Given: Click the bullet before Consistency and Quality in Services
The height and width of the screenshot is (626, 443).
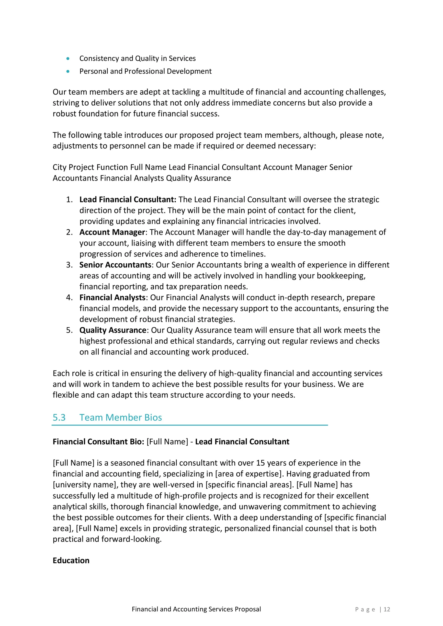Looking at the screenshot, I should pos(68,58).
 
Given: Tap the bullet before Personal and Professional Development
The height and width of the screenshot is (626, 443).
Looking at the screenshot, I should pos(68,71).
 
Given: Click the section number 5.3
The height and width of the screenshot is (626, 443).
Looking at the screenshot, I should pos(59,417).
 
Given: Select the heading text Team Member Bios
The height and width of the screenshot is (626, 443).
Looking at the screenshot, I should pos(121,417).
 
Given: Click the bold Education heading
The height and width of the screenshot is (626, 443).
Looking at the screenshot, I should pos(71,560).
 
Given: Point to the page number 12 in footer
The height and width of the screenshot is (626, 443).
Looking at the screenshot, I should pos(387,609).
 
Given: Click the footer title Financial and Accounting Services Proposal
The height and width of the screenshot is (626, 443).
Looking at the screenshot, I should pos(196,609).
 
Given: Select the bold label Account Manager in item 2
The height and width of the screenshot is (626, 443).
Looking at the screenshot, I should pos(112,232).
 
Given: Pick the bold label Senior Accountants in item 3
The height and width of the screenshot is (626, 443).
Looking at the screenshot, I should pos(115,265).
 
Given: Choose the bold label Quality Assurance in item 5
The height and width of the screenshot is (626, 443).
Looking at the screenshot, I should pos(113,330).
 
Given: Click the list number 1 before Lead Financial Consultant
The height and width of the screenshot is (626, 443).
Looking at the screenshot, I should pos(69,200).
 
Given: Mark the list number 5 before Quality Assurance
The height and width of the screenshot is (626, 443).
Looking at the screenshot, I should pos(69,330).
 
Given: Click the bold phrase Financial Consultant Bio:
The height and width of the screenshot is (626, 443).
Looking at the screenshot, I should pos(98,442).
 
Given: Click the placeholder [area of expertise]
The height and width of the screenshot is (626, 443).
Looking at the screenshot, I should pos(248,474).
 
